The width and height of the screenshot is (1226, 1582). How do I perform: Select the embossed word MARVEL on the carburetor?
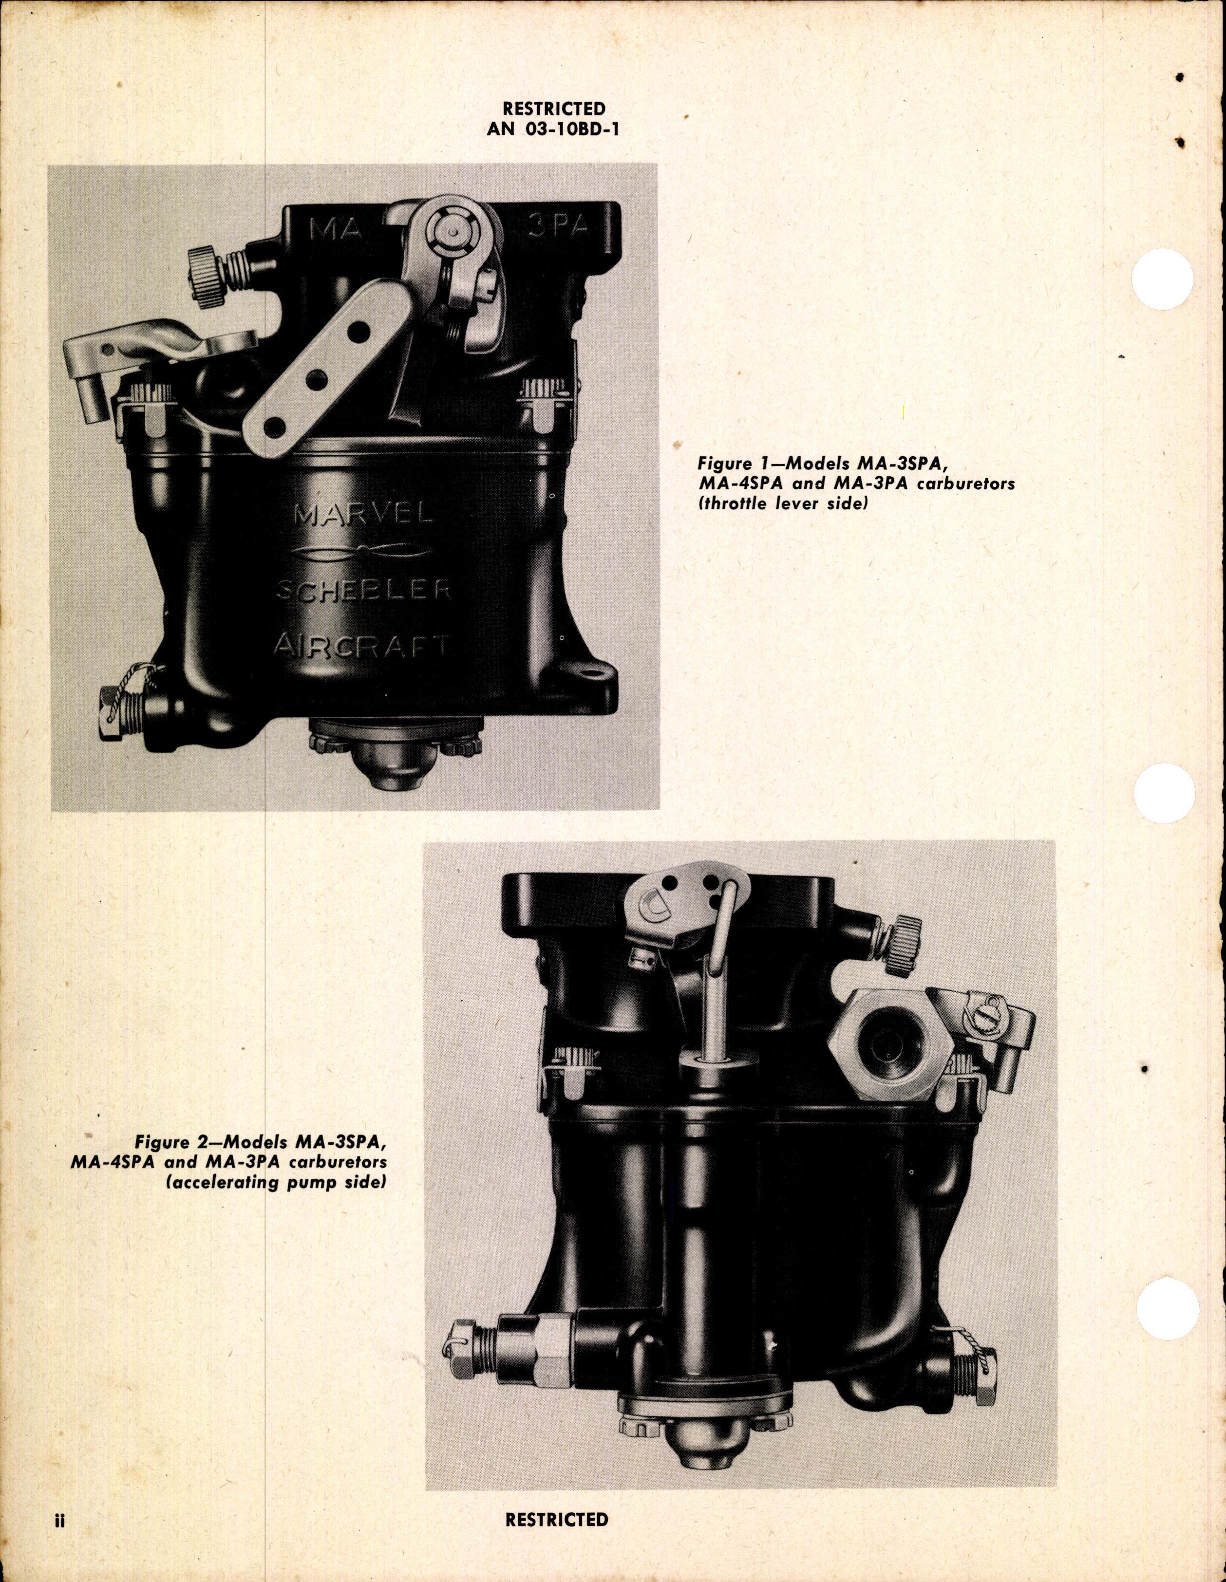point(364,515)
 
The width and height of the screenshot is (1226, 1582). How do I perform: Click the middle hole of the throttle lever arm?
point(314,379)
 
